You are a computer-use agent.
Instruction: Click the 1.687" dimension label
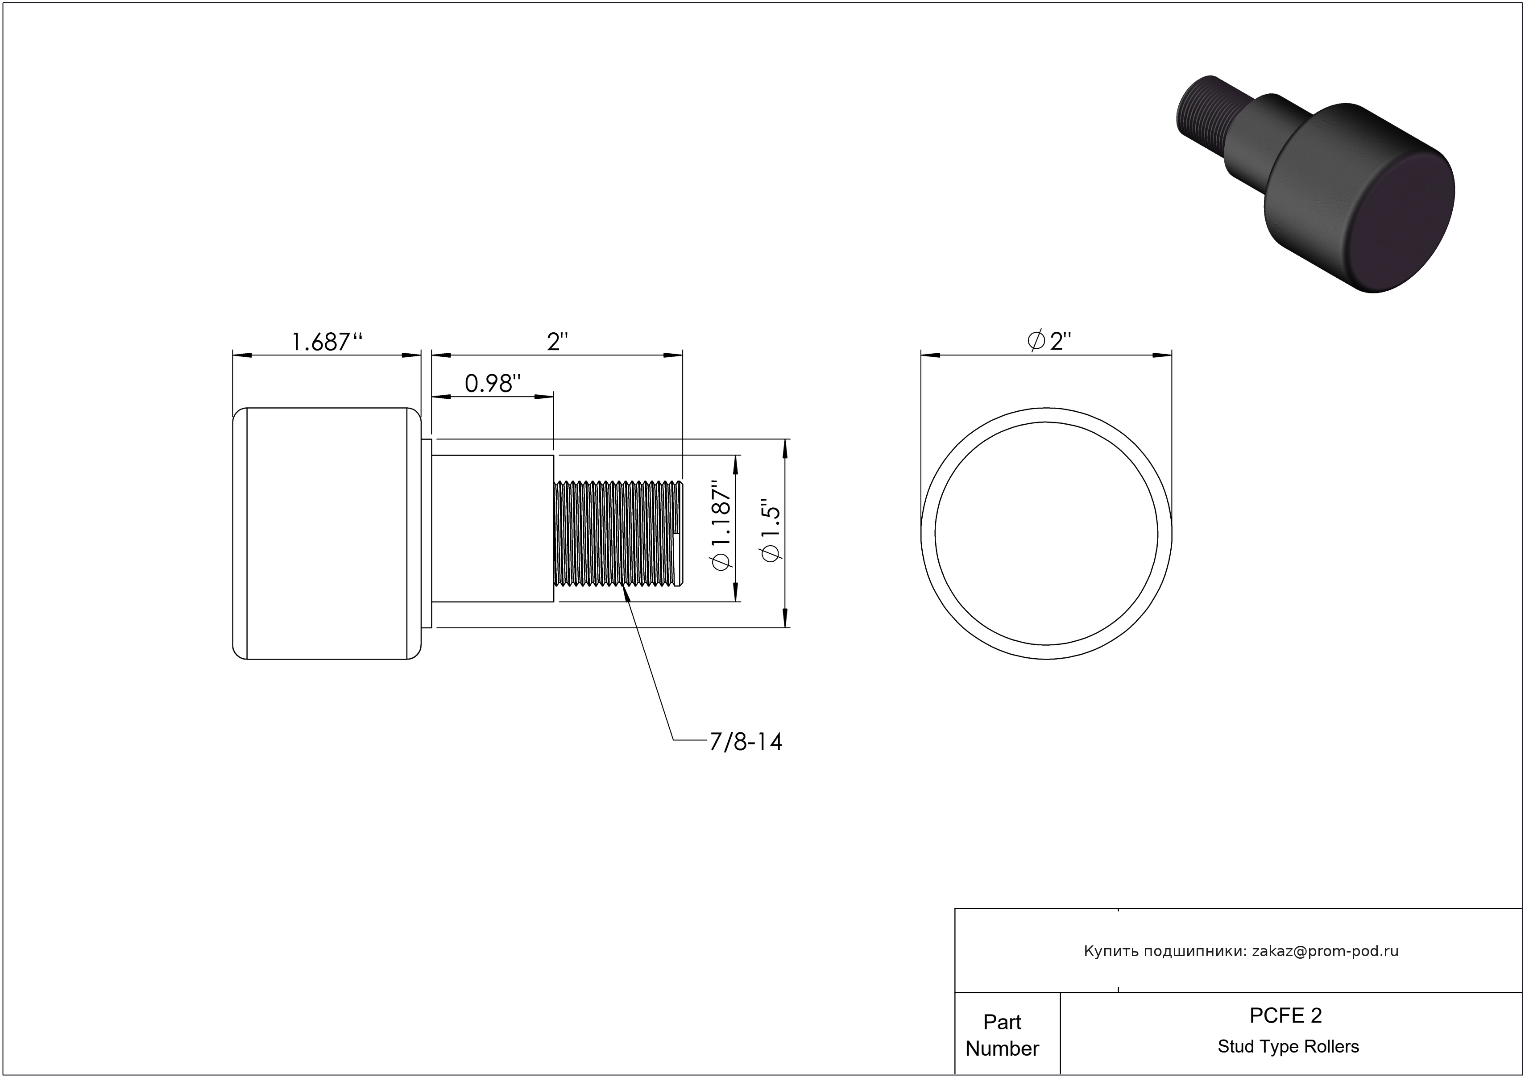point(327,342)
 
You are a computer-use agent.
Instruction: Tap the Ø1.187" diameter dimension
point(721,526)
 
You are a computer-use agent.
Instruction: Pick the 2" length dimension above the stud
point(558,342)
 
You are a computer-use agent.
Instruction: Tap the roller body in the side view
point(327,533)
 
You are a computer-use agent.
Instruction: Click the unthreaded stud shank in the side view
point(493,528)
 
